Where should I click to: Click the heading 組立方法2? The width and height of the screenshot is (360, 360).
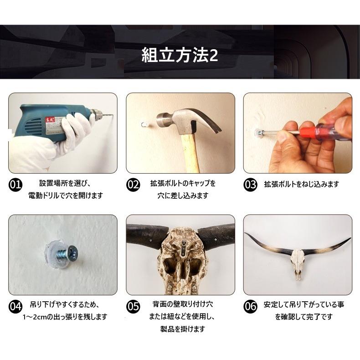(180, 55)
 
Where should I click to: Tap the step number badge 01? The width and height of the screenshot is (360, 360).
(15, 185)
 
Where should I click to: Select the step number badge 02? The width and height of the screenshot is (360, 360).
(133, 185)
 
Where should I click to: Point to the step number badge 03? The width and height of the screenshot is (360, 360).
(250, 185)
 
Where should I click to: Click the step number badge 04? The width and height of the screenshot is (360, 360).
(15, 307)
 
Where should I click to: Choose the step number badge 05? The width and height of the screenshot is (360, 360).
(133, 307)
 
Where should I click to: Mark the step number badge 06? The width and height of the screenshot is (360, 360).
(250, 307)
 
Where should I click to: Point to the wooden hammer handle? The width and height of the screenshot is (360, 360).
(190, 154)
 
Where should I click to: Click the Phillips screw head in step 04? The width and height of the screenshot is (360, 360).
(73, 252)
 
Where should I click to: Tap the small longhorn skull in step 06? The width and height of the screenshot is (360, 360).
(298, 264)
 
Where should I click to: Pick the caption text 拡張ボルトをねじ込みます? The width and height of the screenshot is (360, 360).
(301, 185)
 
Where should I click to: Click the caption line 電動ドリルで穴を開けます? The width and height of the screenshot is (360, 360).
(66, 195)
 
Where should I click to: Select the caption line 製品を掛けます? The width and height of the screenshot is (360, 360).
(183, 329)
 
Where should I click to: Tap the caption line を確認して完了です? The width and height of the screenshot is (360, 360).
(304, 317)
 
